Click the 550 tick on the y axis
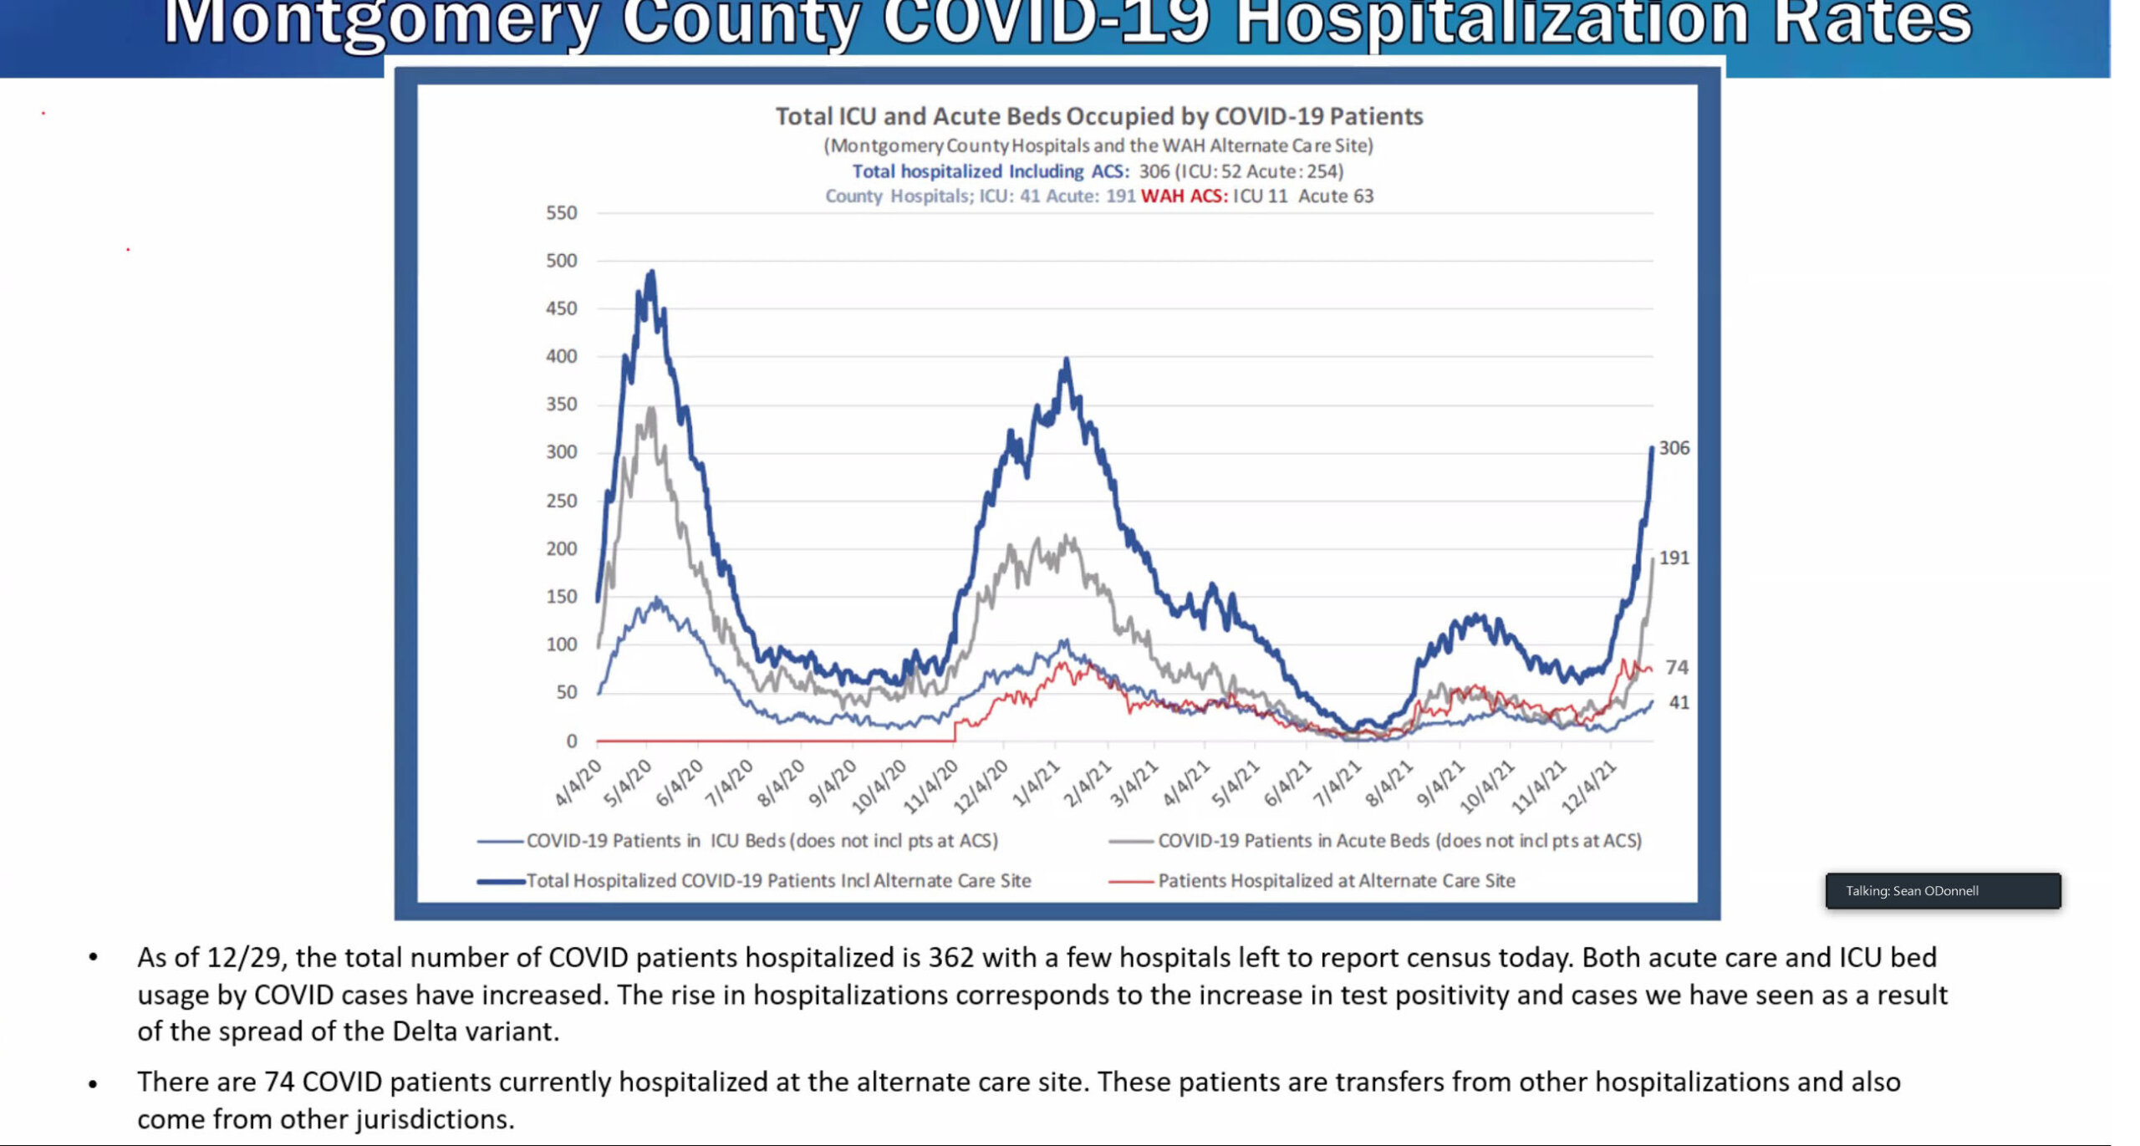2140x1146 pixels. point(561,213)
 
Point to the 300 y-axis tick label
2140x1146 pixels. point(561,452)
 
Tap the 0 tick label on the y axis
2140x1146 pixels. point(572,741)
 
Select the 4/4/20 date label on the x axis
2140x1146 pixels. point(578,782)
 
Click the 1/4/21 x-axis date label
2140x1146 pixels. point(1037,783)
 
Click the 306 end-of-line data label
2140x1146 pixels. point(1674,448)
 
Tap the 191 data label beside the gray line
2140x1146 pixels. point(1674,558)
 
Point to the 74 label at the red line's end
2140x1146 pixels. point(1676,667)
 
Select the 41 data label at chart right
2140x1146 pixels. point(1679,702)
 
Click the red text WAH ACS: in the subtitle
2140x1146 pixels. point(1184,196)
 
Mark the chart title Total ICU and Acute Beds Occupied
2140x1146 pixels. point(1098,116)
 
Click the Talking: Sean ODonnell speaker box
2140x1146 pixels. point(1942,890)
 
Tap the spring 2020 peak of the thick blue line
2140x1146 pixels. point(651,272)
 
